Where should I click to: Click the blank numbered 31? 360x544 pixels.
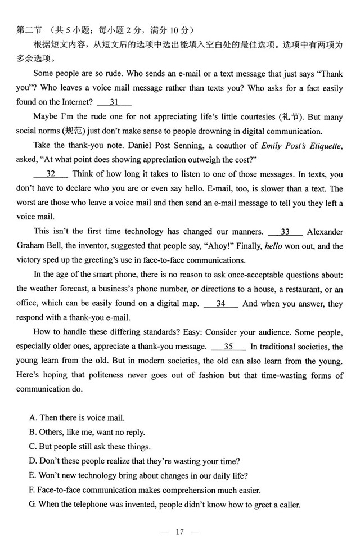[x=114, y=102]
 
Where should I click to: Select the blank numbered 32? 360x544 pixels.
[x=51, y=174]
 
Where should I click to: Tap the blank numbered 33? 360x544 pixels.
[x=285, y=231]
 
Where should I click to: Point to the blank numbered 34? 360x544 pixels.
[x=220, y=303]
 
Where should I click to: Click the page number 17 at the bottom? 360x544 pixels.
[x=179, y=532]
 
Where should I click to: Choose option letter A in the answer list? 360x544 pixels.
[x=33, y=417]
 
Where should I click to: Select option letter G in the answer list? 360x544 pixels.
[x=33, y=504]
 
